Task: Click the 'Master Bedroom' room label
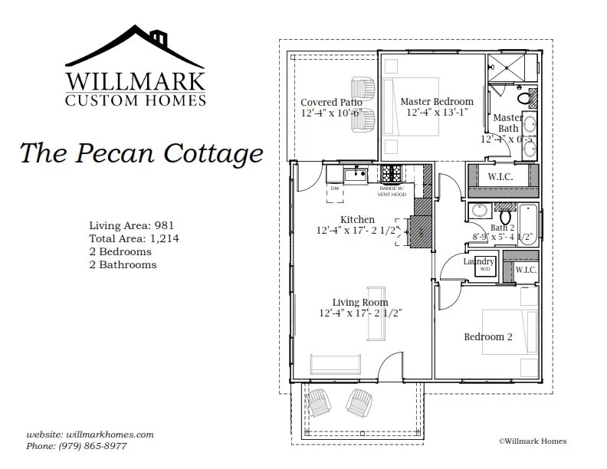click(x=436, y=101)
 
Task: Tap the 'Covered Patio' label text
click(x=331, y=102)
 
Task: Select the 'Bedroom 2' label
click(x=487, y=336)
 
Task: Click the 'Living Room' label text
click(x=359, y=302)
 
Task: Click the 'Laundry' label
click(x=478, y=261)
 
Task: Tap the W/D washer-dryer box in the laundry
click(x=485, y=270)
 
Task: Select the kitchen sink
click(x=356, y=175)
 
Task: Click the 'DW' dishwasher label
click(x=335, y=188)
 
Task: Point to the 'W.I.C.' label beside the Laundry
click(x=526, y=270)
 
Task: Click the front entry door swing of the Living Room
click(x=392, y=366)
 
